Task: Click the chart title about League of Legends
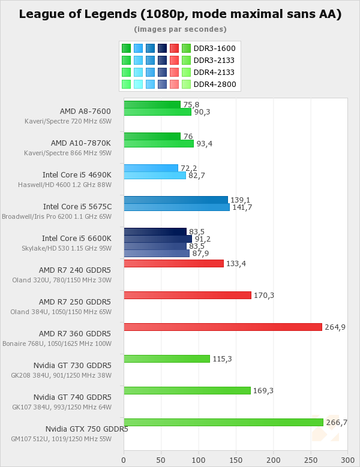[180, 14]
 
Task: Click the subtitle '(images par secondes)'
[180, 29]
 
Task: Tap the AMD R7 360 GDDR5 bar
[223, 327]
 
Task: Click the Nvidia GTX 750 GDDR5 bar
[223, 422]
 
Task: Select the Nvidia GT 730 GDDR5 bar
[167, 358]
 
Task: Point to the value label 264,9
[335, 327]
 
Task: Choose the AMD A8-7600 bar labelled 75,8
[152, 104]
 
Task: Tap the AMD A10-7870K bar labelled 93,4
[158, 144]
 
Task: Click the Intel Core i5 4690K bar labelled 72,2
[151, 168]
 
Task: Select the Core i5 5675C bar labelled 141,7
[176, 207]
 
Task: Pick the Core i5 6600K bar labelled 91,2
[158, 239]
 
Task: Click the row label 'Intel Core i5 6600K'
[76, 238]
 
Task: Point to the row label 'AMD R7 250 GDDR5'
[75, 302]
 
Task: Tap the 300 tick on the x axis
[347, 460]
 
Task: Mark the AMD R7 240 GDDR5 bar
[173, 263]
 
